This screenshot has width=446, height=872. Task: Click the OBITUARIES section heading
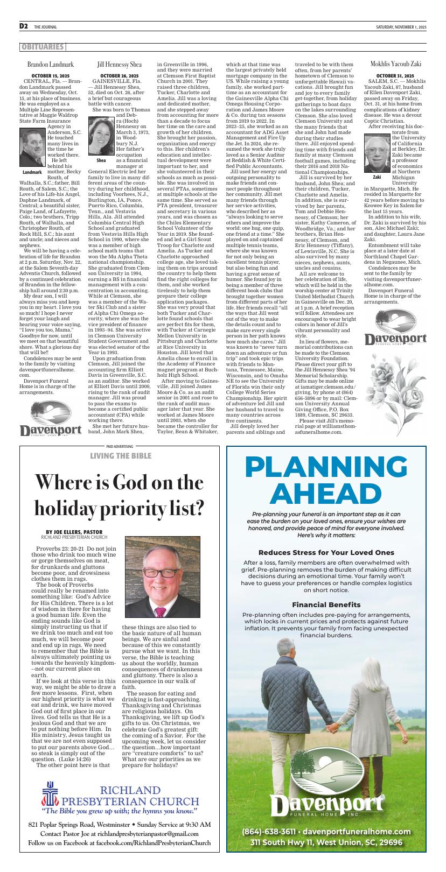43,47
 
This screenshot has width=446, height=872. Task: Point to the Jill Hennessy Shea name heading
120,64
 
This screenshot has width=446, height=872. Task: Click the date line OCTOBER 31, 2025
395,75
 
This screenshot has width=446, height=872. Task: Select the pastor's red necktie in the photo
161,611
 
